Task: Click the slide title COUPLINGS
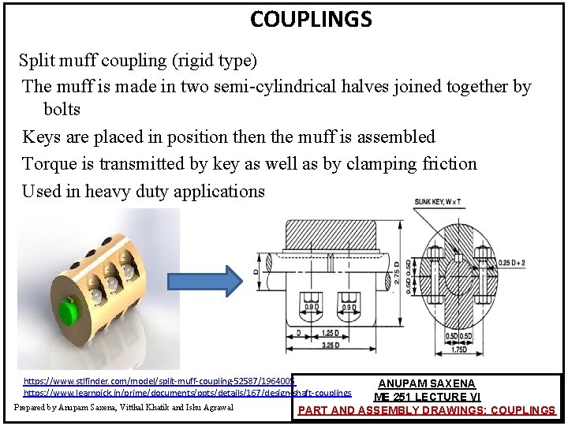point(311,18)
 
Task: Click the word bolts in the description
point(62,108)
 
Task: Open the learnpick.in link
point(188,392)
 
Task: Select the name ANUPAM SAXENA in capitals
point(427,383)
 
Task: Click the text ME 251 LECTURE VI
point(427,397)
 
